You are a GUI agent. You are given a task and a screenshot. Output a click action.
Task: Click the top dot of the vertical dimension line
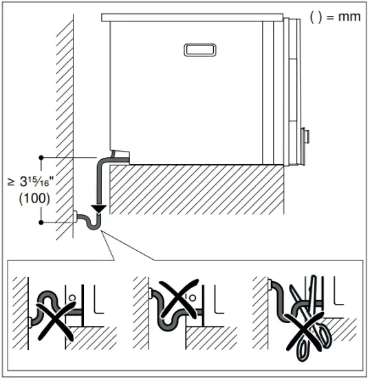coord(42,156)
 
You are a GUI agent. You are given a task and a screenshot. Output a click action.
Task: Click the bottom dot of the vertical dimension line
coord(42,222)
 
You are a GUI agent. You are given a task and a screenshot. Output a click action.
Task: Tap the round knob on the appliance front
coord(305,135)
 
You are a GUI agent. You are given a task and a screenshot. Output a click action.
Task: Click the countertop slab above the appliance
coord(192,16)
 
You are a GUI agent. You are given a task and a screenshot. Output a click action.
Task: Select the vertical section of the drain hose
coord(100,183)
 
